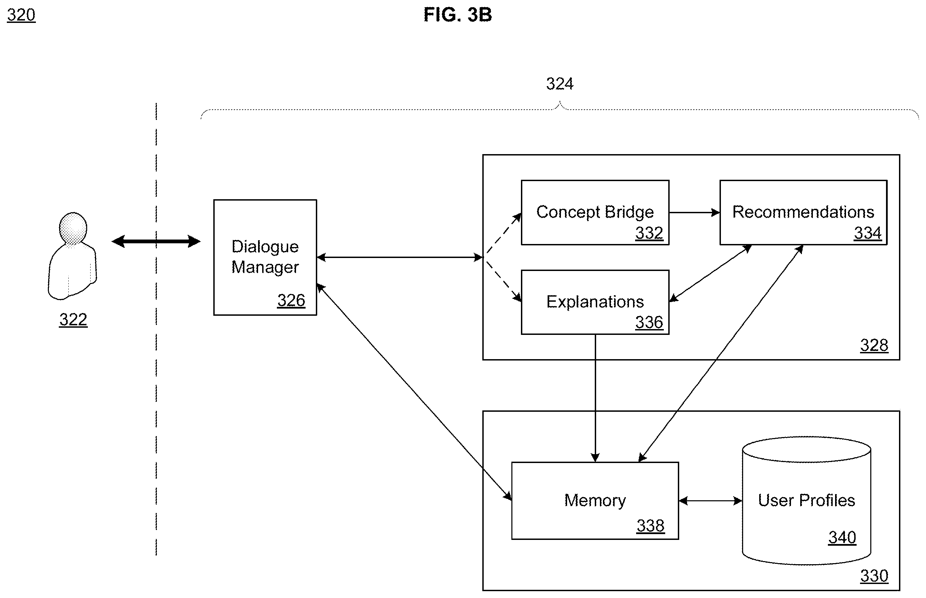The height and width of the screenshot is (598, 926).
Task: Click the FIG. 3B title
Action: [458, 15]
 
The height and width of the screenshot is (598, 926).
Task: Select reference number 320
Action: [21, 15]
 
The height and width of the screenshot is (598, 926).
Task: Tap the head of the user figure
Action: [73, 228]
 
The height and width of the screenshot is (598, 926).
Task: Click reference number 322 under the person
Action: [73, 320]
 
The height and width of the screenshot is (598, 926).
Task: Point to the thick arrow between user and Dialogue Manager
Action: [156, 241]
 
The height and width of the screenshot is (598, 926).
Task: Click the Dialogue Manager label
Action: [265, 257]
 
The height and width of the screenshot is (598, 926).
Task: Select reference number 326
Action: [291, 300]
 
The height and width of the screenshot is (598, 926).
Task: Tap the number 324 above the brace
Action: [560, 84]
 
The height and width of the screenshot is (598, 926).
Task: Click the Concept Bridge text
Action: [595, 212]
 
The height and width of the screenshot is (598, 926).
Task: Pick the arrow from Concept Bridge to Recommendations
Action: [695, 213]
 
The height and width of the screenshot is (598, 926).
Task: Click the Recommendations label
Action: [803, 212]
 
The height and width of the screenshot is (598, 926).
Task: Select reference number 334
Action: [868, 233]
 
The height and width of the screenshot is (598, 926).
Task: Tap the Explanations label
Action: [595, 302]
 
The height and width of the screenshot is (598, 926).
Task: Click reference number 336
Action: [649, 322]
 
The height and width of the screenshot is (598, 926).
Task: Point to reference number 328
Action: [874, 345]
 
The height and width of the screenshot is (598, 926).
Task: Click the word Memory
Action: [595, 500]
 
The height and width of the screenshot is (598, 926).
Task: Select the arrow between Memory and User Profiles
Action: [710, 501]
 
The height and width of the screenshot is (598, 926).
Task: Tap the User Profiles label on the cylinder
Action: [806, 500]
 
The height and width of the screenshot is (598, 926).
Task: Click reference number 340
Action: [842, 538]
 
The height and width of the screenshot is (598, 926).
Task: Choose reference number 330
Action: [874, 576]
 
